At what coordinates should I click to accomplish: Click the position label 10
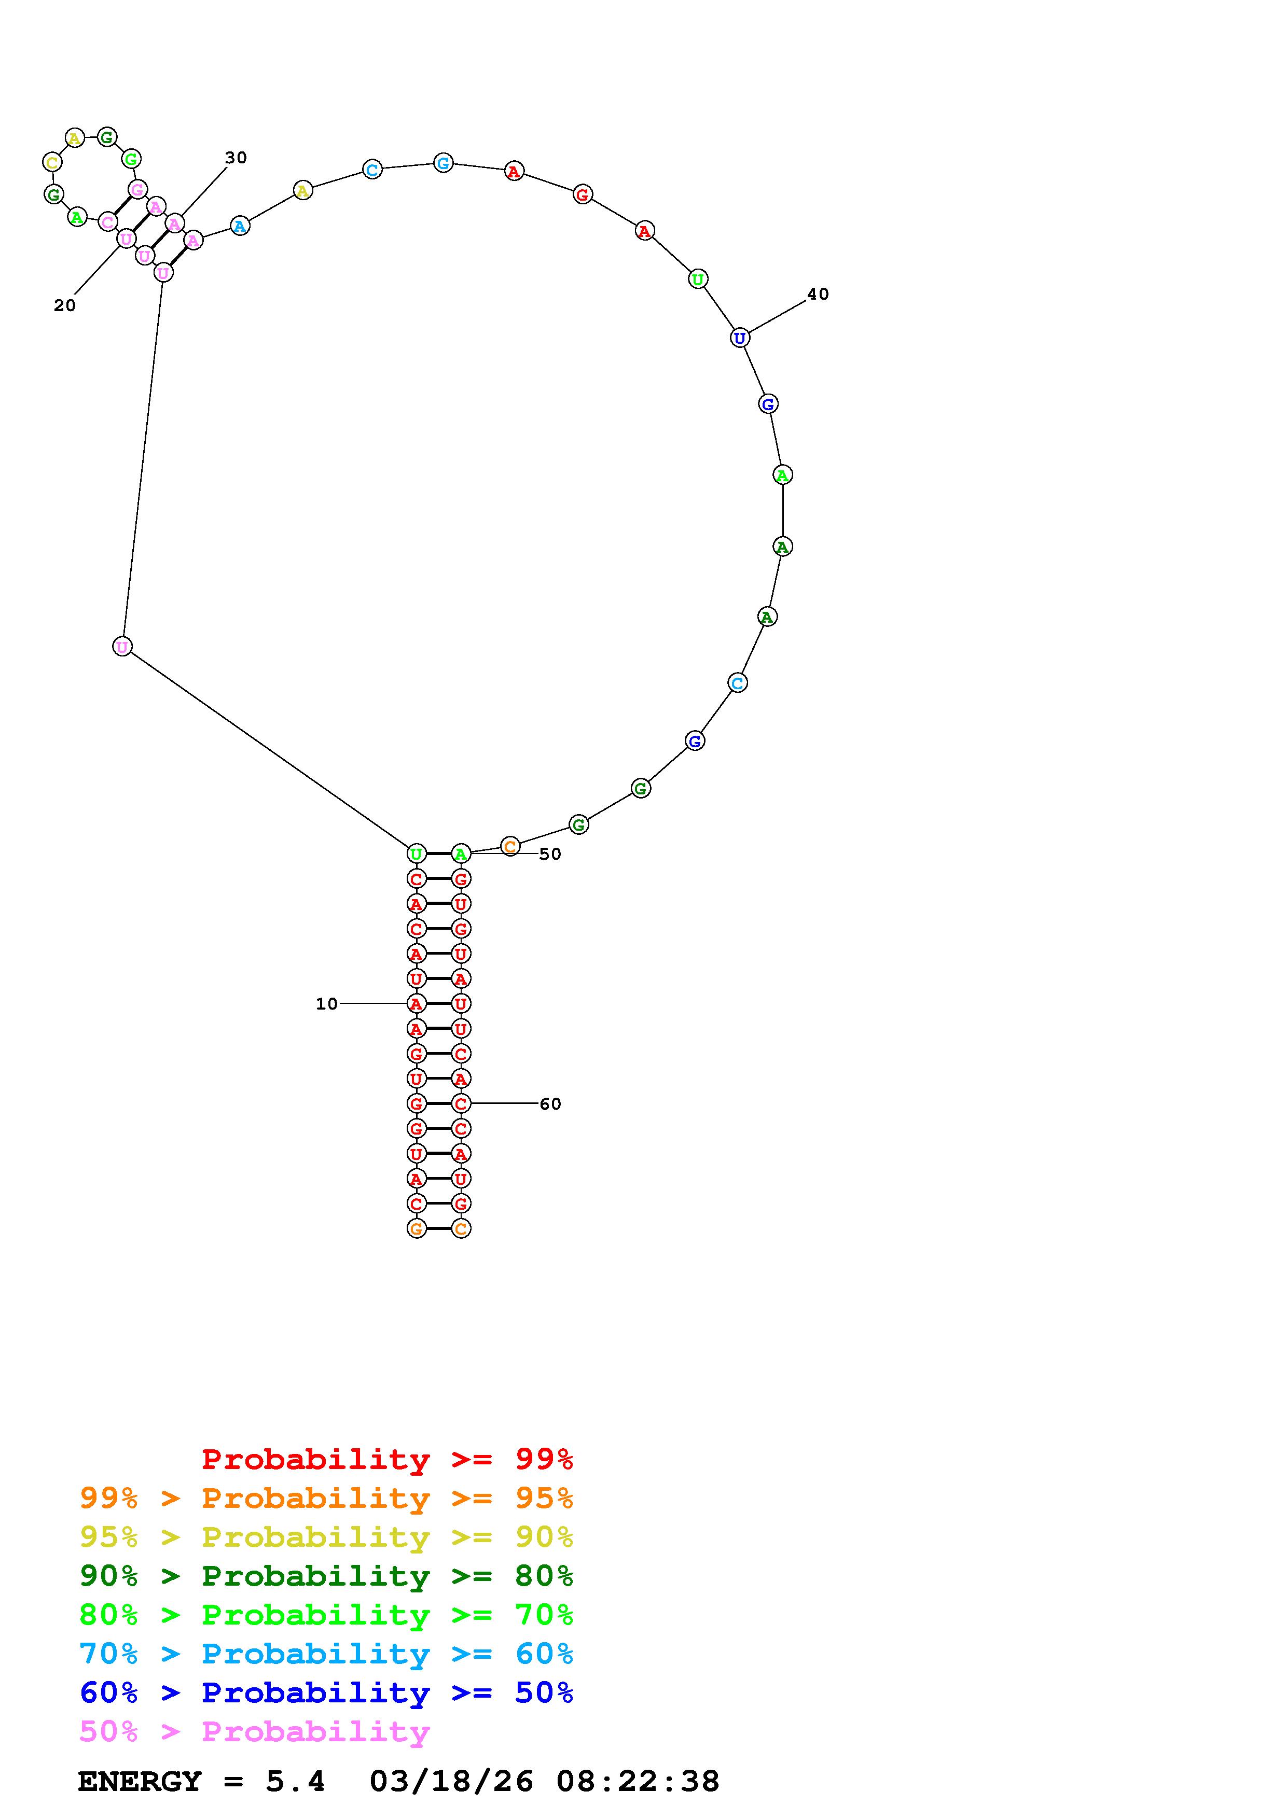tap(326, 1004)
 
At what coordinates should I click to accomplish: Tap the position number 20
tap(65, 306)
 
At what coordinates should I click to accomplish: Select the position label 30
tap(236, 158)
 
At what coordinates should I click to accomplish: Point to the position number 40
tap(818, 294)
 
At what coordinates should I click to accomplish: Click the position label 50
tap(550, 854)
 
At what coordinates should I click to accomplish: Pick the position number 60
tap(550, 1103)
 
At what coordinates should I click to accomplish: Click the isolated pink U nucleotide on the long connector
tap(122, 647)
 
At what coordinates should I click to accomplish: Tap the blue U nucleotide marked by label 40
tap(739, 338)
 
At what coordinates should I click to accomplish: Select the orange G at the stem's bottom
tap(417, 1228)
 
